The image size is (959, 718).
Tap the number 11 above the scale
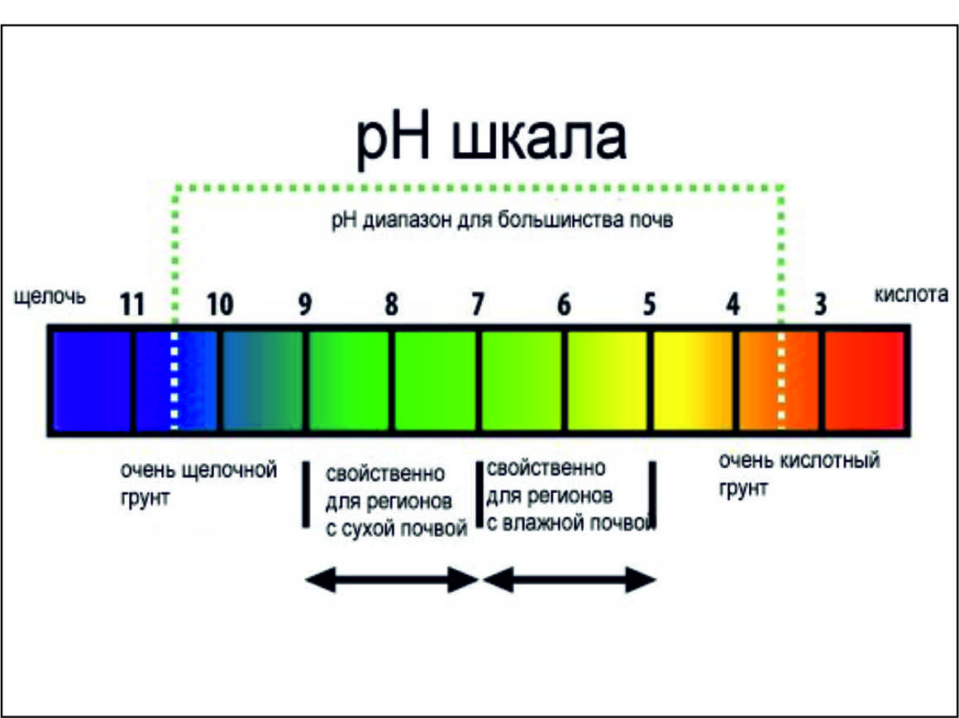pos(132,304)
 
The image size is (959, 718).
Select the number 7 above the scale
pos(477,304)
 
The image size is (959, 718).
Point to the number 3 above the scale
pos(820,304)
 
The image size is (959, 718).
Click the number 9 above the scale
pos(304,304)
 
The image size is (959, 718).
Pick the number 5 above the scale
pos(650,304)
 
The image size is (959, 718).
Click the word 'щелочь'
pos(50,297)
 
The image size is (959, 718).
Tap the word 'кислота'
pos(911,294)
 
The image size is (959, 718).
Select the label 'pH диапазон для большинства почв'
pos(502,220)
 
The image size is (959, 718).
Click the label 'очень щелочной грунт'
pos(198,484)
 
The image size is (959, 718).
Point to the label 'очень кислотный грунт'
pos(799,474)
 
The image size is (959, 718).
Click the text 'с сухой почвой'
pos(396,529)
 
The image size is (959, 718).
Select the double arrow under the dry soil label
pos(391,580)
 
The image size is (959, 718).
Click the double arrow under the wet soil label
pos(570,580)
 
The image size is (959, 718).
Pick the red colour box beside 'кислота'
pos(864,381)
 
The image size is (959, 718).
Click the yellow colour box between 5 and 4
pos(692,381)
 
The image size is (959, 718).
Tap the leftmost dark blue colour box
pos(91,381)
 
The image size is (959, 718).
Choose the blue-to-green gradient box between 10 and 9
pos(262,381)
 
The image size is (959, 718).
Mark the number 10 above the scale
pos(220,304)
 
